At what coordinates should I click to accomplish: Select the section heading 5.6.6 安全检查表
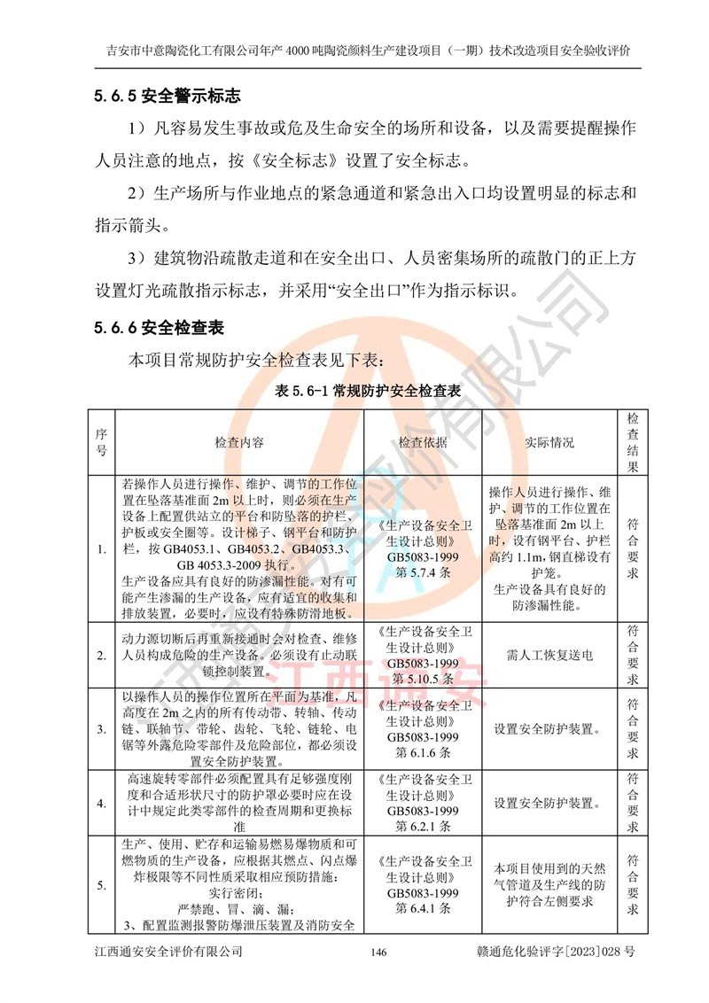(x=159, y=328)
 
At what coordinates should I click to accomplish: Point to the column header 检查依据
(x=423, y=442)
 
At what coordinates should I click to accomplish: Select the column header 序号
(x=101, y=442)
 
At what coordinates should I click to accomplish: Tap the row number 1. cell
(x=101, y=549)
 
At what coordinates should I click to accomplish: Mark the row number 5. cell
(x=101, y=884)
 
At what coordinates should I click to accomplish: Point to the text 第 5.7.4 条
(x=423, y=572)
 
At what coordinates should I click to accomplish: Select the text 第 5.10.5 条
(x=423, y=679)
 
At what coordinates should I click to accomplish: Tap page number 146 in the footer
(x=378, y=952)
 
